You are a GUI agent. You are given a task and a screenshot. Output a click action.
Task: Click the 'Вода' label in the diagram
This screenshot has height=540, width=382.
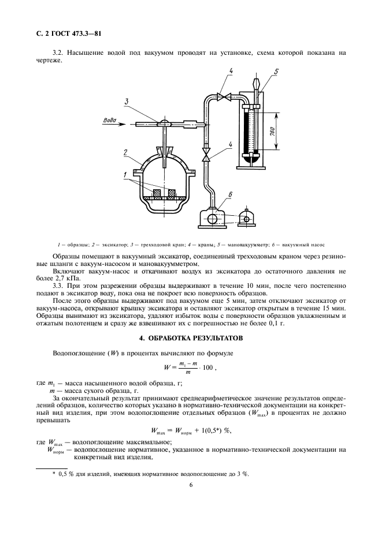[x=110, y=120]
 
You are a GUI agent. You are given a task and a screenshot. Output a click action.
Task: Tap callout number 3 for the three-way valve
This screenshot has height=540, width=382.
[x=125, y=102]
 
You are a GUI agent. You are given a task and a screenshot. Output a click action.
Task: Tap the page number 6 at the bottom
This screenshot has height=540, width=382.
[x=190, y=485]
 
